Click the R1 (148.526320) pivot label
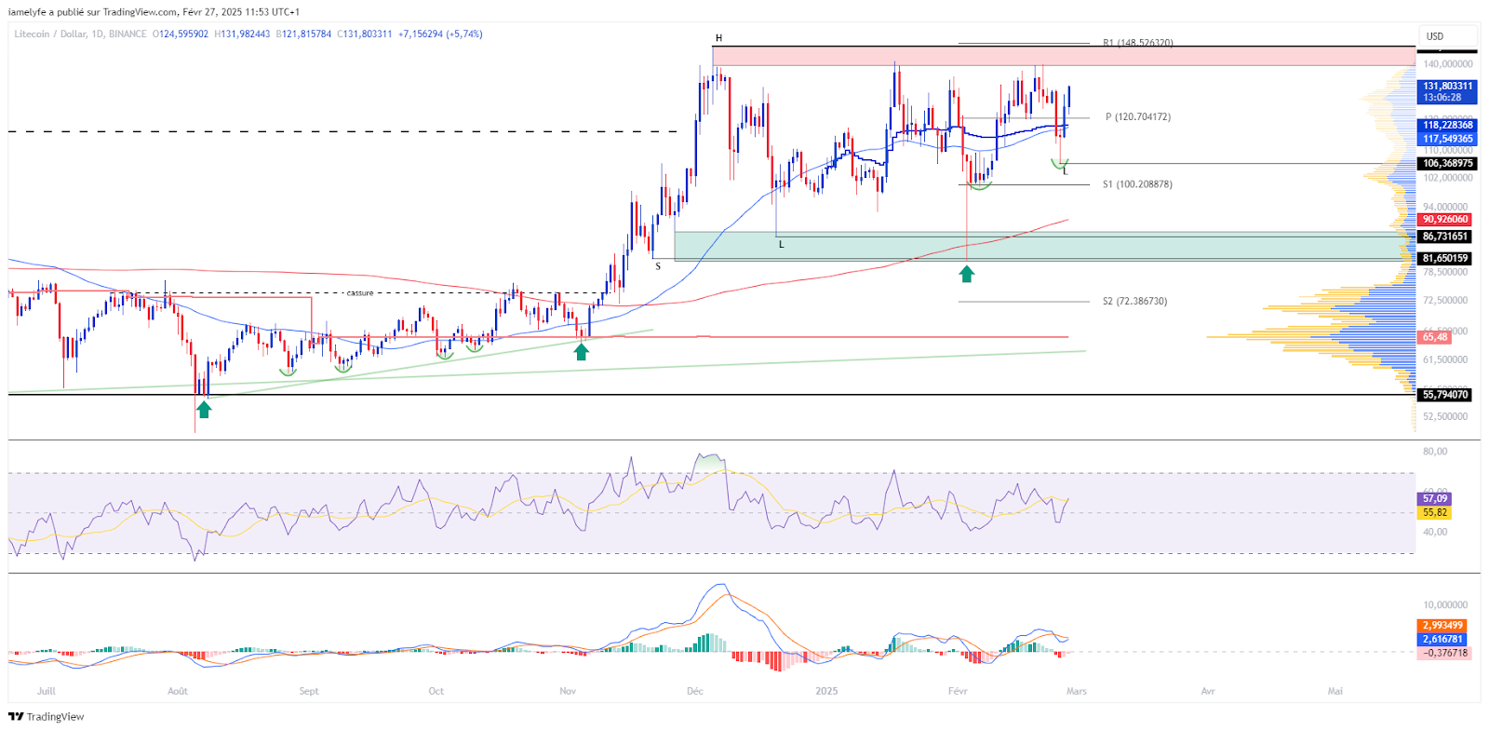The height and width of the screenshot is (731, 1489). pyautogui.click(x=1137, y=43)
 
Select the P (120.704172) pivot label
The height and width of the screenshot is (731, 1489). pyautogui.click(x=1137, y=117)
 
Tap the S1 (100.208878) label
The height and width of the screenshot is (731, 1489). pyautogui.click(x=1137, y=184)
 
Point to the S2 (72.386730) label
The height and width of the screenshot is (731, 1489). pyautogui.click(x=1134, y=302)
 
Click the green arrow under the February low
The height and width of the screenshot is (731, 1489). pyautogui.click(x=967, y=274)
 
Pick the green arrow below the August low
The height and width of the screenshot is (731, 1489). pyautogui.click(x=204, y=409)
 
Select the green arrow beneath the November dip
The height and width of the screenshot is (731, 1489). pyautogui.click(x=581, y=352)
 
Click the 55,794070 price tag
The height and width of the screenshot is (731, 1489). pyautogui.click(x=1445, y=395)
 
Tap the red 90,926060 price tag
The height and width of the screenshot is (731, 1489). pyautogui.click(x=1445, y=220)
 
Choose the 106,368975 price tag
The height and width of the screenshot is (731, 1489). pyautogui.click(x=1445, y=164)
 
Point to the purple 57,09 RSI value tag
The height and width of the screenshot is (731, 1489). pyautogui.click(x=1434, y=499)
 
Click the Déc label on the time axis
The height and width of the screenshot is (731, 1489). pyautogui.click(x=694, y=691)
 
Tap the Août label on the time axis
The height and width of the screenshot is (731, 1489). pyautogui.click(x=177, y=691)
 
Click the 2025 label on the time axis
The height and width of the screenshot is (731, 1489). pyautogui.click(x=826, y=691)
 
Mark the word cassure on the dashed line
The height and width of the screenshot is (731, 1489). pyautogui.click(x=359, y=293)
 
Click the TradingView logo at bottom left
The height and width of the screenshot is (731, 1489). pyautogui.click(x=46, y=716)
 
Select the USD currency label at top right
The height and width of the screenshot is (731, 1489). pyautogui.click(x=1435, y=36)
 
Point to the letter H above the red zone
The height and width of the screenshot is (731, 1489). pyautogui.click(x=718, y=38)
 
